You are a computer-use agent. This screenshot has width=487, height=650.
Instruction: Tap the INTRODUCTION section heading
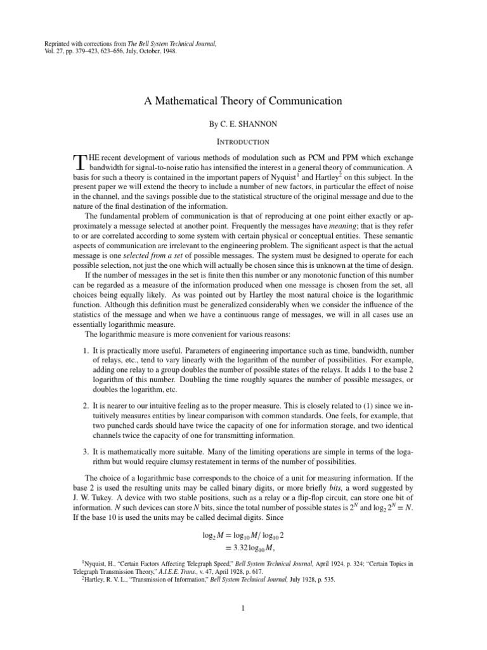click(243, 142)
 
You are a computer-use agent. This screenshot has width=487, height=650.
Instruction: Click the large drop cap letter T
click(79, 162)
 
